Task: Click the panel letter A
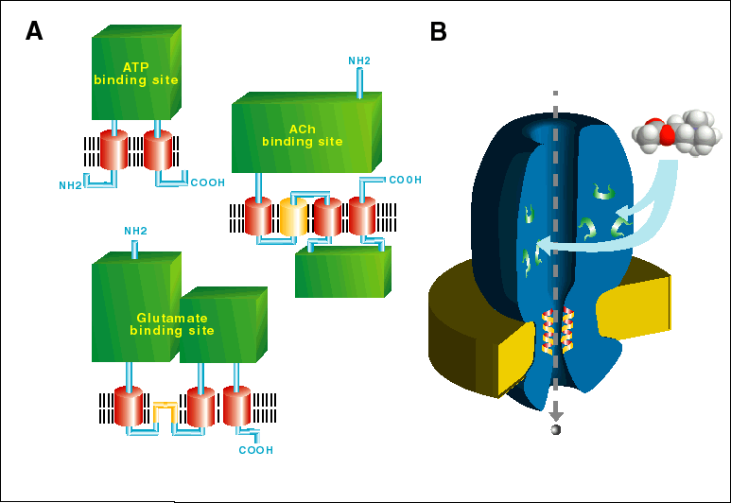(34, 31)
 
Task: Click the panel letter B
(439, 31)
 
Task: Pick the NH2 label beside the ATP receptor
(71, 185)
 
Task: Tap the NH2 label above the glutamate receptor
(136, 231)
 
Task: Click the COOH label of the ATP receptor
(208, 182)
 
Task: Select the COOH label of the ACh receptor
(406, 180)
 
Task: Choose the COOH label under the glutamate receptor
(255, 450)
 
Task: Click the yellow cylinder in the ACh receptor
(292, 217)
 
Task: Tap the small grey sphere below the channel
(556, 430)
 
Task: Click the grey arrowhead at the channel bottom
(556, 413)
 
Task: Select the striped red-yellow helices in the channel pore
(556, 330)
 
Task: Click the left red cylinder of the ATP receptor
(114, 151)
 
